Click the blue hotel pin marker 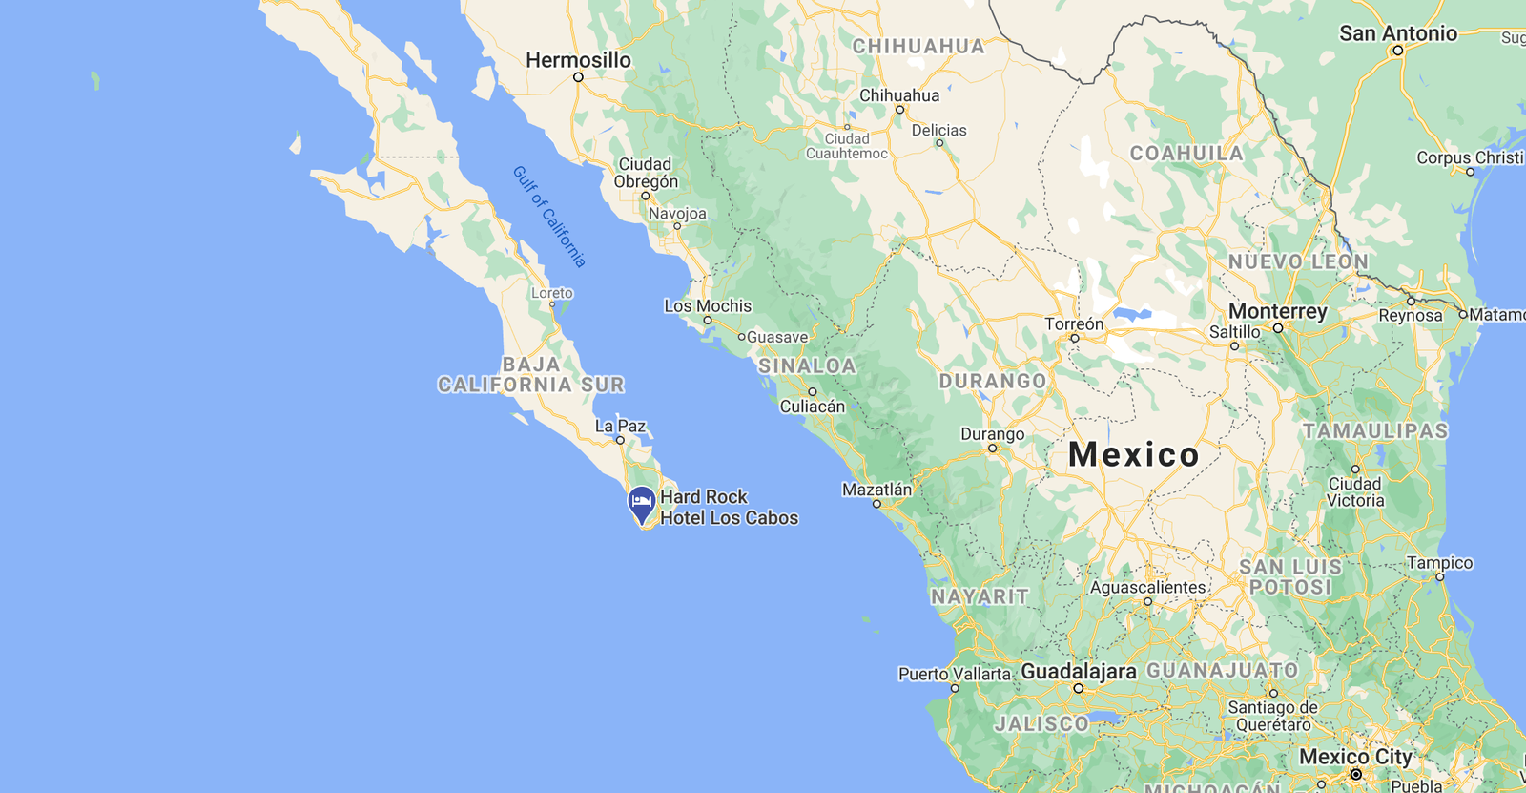(641, 503)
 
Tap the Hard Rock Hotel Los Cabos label (729, 508)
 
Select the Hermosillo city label (578, 60)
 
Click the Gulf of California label (549, 217)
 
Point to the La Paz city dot (620, 440)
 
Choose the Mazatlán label (876, 490)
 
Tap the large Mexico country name (1133, 454)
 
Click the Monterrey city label (1277, 311)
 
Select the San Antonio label (1397, 33)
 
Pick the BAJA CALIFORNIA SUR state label (531, 375)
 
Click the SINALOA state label (807, 365)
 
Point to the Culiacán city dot (813, 392)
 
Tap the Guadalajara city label (1079, 672)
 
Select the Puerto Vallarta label (954, 674)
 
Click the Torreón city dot (1075, 338)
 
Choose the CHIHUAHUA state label (918, 46)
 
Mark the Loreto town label (552, 293)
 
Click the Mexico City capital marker (1355, 774)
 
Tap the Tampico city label (1439, 563)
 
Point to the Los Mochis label (708, 306)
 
